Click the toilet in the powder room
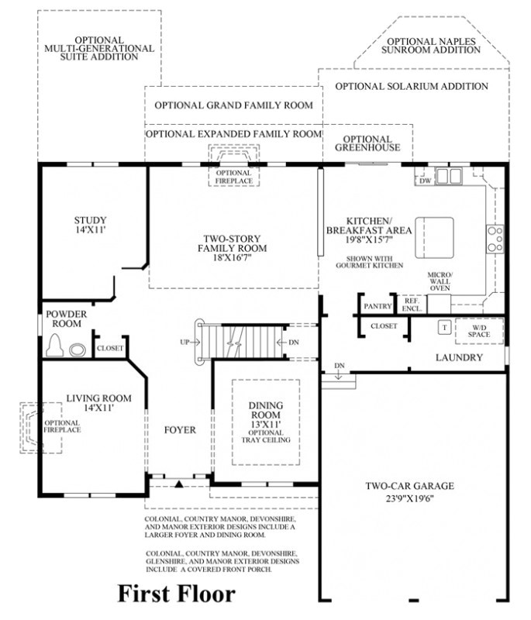(55, 345)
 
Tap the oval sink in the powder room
(77, 350)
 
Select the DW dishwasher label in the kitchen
(425, 181)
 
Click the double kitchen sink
(449, 176)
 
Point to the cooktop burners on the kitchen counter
(495, 239)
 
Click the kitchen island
(434, 237)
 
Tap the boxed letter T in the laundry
(444, 327)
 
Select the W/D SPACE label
(479, 331)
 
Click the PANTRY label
(378, 306)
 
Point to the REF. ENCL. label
(412, 305)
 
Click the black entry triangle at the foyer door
(179, 483)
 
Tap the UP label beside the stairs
(184, 342)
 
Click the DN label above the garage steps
(340, 366)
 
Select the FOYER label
(180, 430)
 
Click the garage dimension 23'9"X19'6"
(410, 498)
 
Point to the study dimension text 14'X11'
(90, 229)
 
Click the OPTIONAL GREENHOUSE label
(367, 143)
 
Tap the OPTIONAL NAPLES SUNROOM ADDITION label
(431, 46)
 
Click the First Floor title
(176, 594)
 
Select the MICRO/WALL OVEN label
(440, 281)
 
